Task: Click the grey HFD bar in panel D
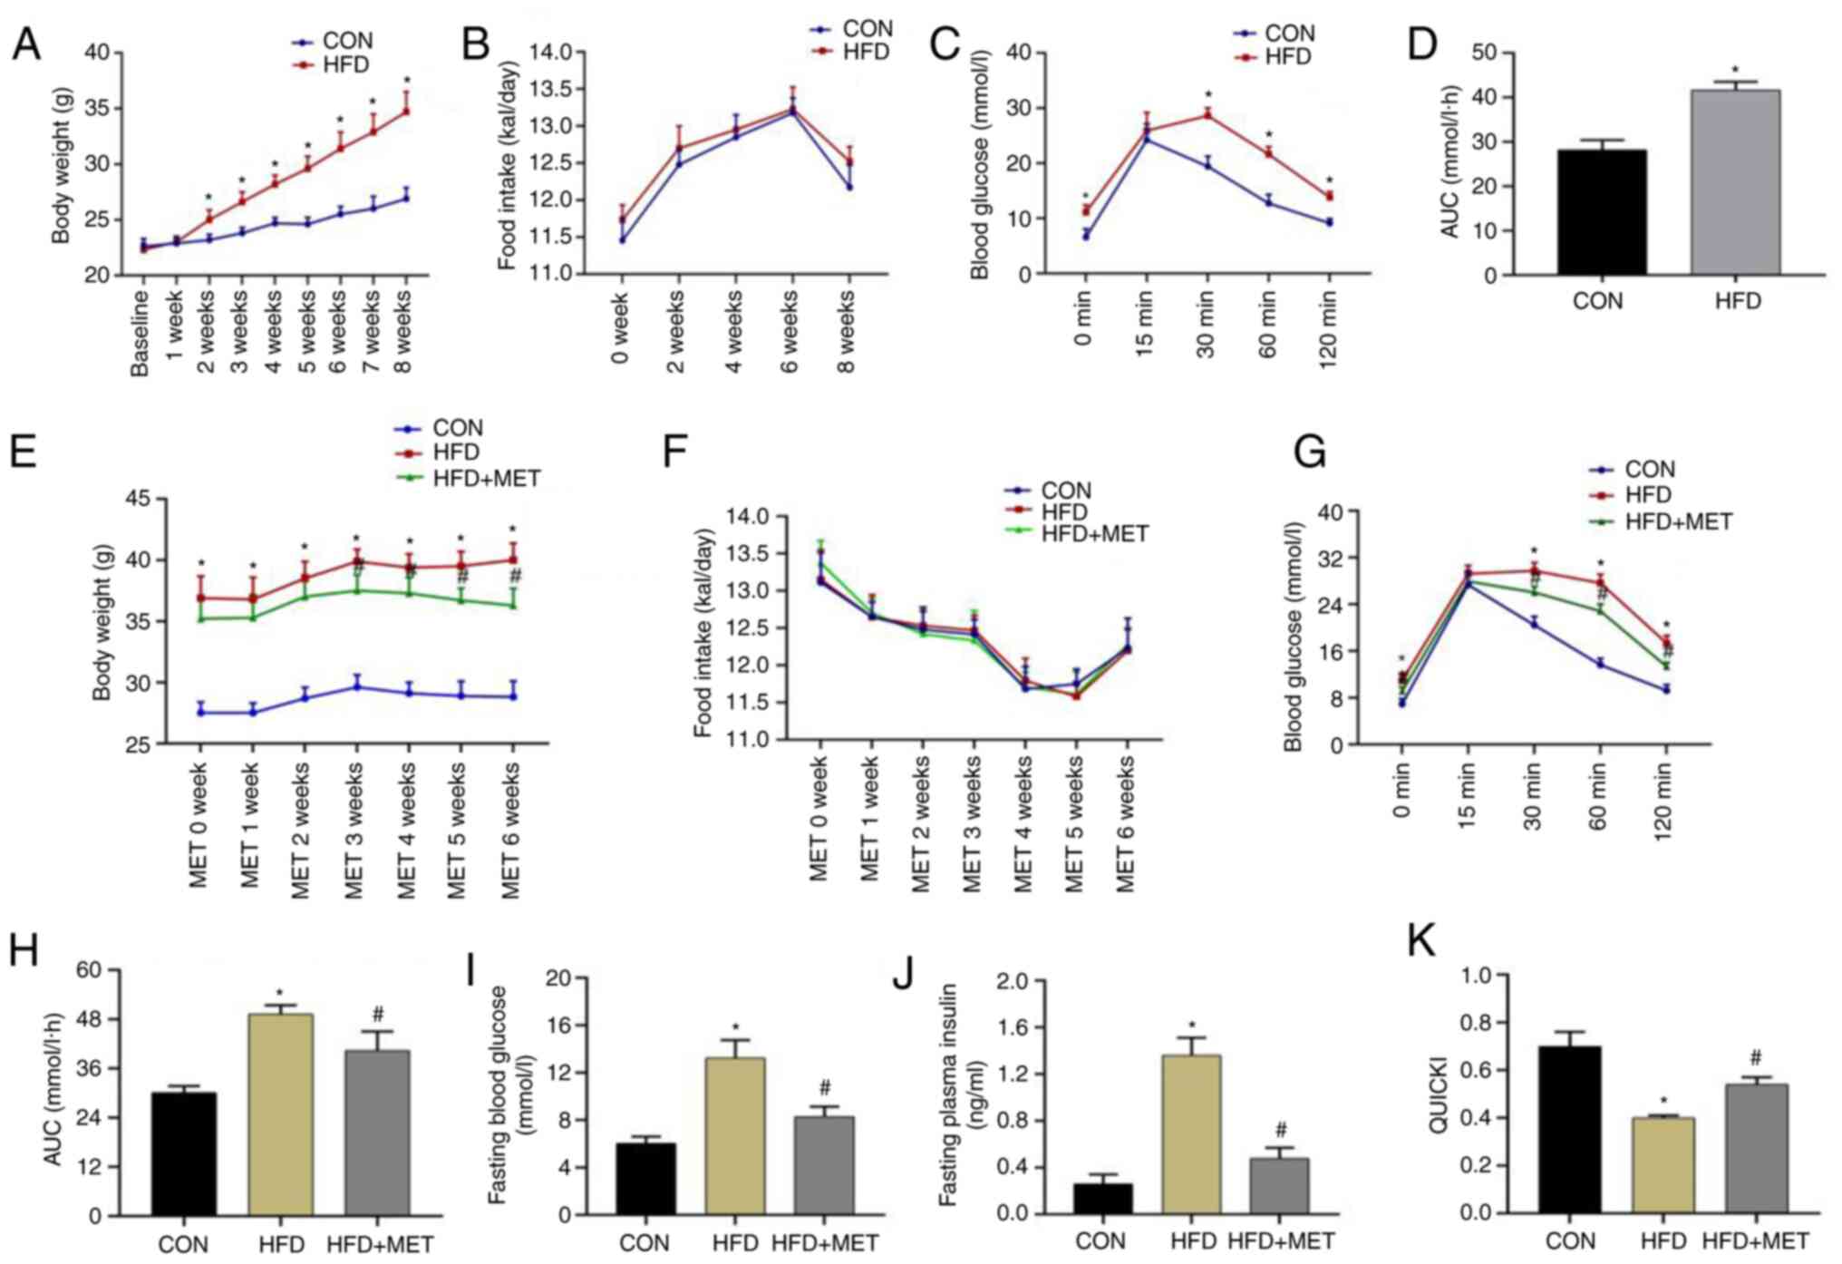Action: [x=1735, y=181]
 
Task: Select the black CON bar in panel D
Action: [x=1602, y=211]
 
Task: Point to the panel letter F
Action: [x=676, y=451]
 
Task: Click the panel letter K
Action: [x=1420, y=942]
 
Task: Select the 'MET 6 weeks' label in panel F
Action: [x=1125, y=825]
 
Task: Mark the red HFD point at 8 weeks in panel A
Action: [x=405, y=112]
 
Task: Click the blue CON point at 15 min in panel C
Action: [x=1147, y=139]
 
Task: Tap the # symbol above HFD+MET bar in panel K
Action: [x=1756, y=1057]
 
